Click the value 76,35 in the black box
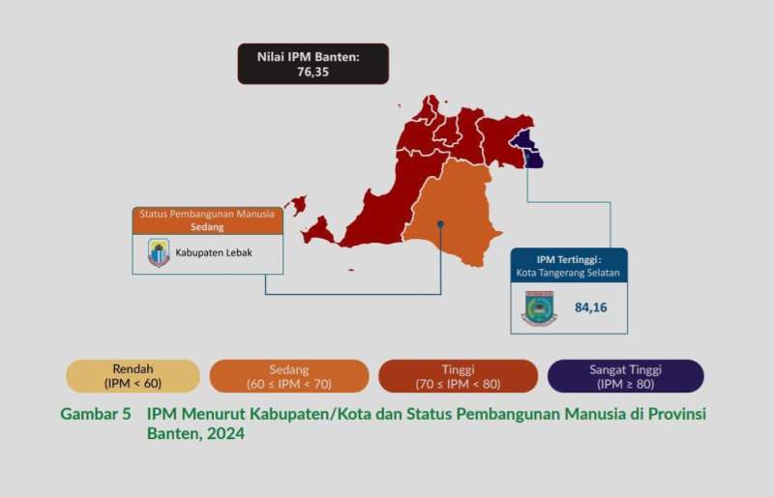[x=313, y=72]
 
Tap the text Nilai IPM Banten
[x=313, y=57]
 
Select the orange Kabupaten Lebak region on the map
[x=452, y=213]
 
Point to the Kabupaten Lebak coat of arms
[x=159, y=253]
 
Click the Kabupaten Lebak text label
[x=215, y=254]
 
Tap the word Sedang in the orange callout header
[x=207, y=227]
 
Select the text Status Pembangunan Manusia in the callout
[x=207, y=214]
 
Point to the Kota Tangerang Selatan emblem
[x=539, y=308]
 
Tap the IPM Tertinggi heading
[x=569, y=259]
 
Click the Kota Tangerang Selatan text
[x=569, y=274]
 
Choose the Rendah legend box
[x=133, y=376]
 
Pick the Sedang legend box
[x=289, y=376]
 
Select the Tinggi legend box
[x=458, y=376]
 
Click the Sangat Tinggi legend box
[x=625, y=376]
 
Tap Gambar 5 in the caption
[x=96, y=414]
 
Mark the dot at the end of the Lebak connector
[x=441, y=223]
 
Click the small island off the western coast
[x=296, y=205]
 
